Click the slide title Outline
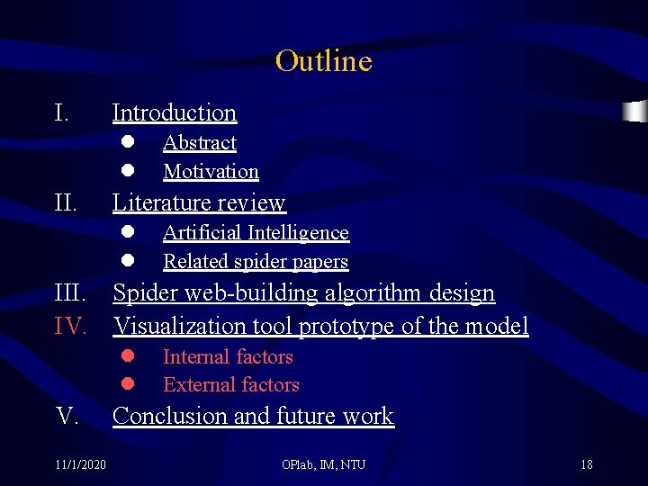click(x=323, y=61)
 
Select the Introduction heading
click(x=174, y=112)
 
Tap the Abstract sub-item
click(x=199, y=143)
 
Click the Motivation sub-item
click(x=211, y=171)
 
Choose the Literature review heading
click(x=198, y=202)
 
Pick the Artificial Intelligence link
click(x=256, y=232)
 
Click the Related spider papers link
click(x=256, y=261)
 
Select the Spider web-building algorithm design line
click(x=303, y=293)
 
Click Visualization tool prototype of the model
click(x=320, y=325)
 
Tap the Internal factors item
click(x=228, y=356)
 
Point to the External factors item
click(x=231, y=384)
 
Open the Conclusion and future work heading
click(x=253, y=416)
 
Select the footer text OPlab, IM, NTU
click(x=323, y=464)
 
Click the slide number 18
click(x=586, y=464)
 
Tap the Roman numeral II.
click(x=66, y=202)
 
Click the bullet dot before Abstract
click(x=128, y=142)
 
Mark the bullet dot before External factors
click(x=128, y=384)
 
